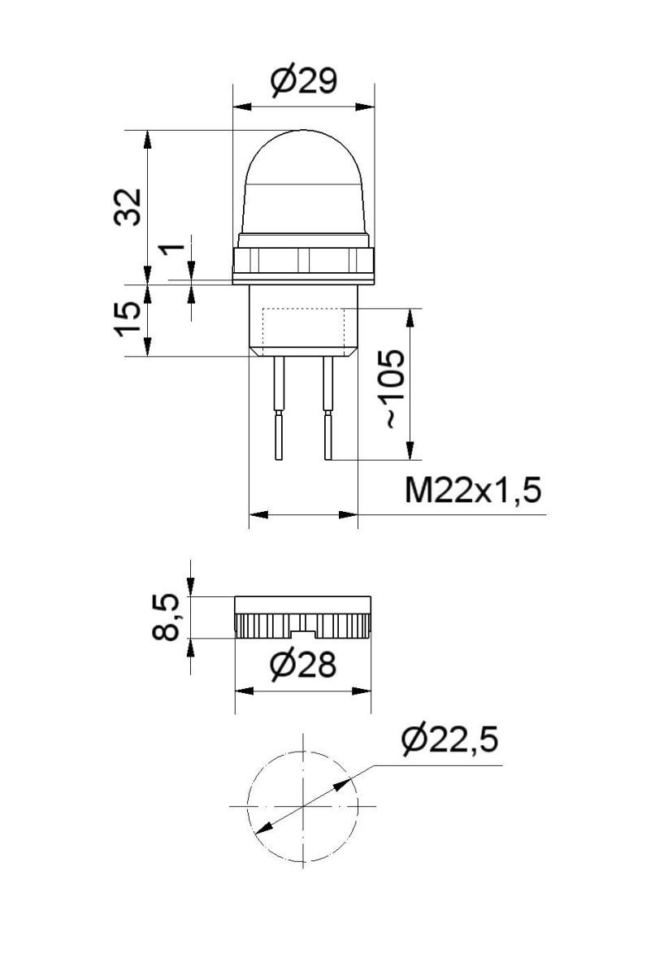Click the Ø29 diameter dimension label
point(302,81)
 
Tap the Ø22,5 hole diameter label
point(448,741)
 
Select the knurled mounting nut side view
point(302,617)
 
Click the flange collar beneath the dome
point(303,261)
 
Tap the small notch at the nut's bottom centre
point(303,632)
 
